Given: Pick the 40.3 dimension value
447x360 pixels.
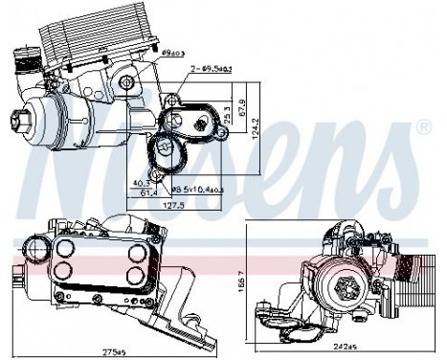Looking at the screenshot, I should (x=141, y=181).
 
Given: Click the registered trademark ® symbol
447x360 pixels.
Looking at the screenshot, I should (x=424, y=126).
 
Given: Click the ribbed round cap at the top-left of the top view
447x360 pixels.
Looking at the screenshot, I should (x=21, y=56).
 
